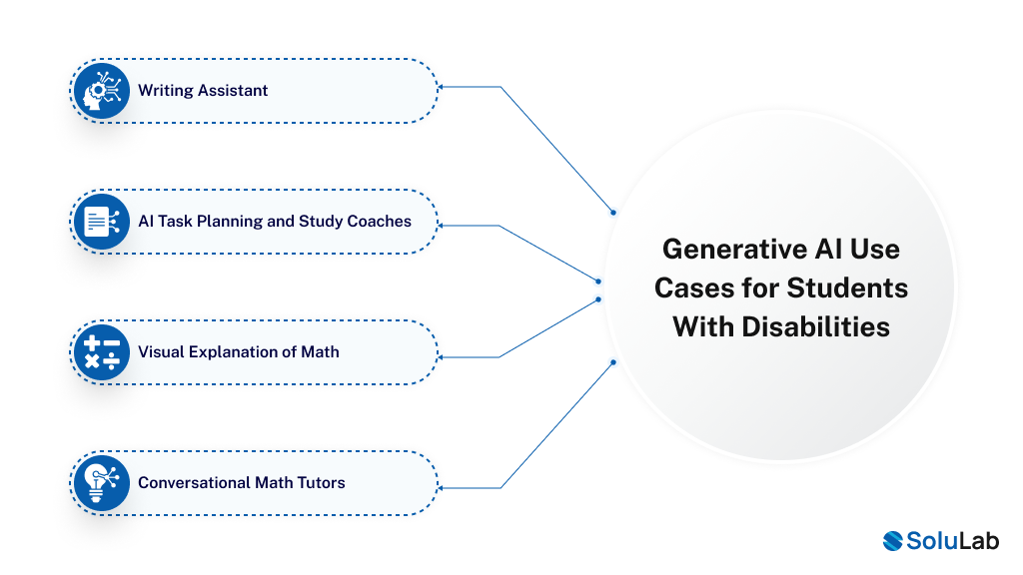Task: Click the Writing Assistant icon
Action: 101,91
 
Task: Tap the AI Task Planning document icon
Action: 101,222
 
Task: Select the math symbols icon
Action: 101,352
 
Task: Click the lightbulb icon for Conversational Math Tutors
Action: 101,483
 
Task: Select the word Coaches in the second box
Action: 379,222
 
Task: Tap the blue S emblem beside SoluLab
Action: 893,540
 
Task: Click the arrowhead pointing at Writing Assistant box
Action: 443,88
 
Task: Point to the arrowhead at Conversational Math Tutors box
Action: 443,487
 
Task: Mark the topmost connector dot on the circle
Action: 613,212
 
